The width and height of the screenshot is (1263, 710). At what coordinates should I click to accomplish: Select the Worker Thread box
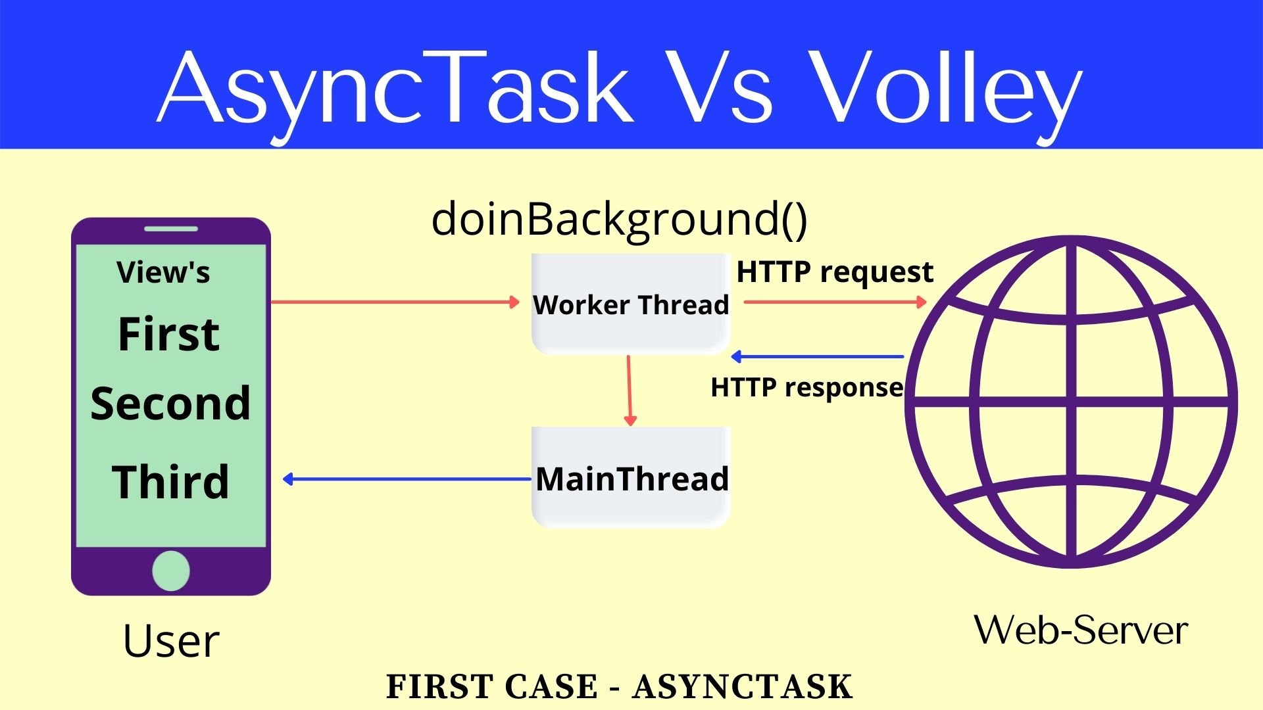point(630,304)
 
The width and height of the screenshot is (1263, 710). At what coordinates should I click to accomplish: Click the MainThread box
point(631,478)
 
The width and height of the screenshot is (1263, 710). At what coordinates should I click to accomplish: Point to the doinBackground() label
point(619,220)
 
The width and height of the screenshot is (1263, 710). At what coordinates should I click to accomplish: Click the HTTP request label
point(834,272)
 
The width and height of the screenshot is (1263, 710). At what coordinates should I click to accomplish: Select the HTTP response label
point(806,387)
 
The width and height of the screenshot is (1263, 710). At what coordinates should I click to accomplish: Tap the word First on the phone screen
point(168,334)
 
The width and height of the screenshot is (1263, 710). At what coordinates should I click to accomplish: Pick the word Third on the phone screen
point(170,482)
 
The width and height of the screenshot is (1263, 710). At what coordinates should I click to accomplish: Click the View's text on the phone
point(163,272)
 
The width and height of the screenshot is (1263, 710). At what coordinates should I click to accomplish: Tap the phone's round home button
point(171,571)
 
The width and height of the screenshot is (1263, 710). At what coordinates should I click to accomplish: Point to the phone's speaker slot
point(171,229)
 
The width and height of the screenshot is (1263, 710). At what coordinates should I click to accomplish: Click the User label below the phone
point(171,641)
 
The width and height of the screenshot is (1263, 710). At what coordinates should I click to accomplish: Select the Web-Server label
point(1081,630)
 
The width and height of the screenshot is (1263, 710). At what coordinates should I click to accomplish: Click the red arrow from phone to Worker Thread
point(395,302)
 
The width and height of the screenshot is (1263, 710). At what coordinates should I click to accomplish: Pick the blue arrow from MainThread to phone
point(408,479)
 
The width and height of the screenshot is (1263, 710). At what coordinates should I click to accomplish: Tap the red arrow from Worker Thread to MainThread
point(630,390)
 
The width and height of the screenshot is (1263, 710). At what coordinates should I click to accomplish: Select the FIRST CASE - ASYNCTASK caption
point(619,687)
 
